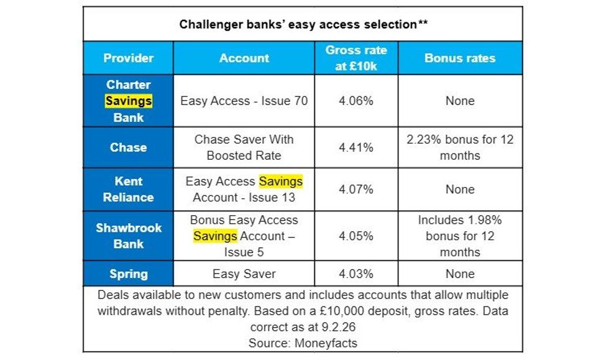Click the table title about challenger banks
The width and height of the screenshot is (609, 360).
(303, 25)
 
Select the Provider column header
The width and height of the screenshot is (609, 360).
(129, 58)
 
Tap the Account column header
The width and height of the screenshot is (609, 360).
(244, 58)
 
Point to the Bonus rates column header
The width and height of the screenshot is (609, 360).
(460, 58)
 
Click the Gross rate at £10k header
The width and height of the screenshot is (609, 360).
(356, 58)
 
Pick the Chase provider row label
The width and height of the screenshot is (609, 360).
(129, 147)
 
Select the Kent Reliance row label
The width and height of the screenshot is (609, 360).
(129, 189)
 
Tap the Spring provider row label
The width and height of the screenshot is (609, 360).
(129, 274)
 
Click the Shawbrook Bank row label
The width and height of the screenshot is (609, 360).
(129, 236)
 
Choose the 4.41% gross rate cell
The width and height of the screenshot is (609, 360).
(356, 147)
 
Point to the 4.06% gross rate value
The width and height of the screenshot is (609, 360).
(356, 101)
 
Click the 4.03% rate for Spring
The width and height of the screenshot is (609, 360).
(356, 274)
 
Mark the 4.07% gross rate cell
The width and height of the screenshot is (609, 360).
(356, 189)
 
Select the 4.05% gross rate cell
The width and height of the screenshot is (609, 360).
(356, 236)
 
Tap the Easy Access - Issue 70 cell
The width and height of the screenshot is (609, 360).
(244, 101)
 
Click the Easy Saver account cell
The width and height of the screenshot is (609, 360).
(244, 274)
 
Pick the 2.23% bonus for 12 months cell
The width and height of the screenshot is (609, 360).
(460, 147)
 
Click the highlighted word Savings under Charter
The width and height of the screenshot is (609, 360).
(129, 101)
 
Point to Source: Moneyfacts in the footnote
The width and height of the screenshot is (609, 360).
(303, 342)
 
